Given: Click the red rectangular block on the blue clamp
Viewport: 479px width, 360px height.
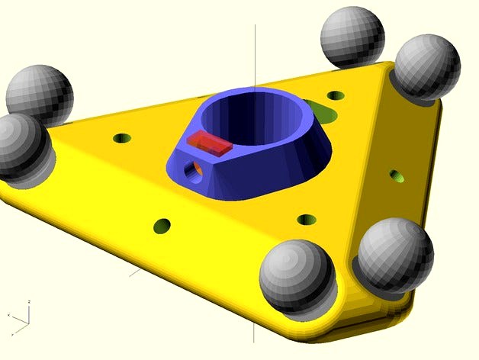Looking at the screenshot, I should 208,143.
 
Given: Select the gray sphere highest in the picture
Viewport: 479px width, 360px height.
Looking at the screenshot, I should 352,37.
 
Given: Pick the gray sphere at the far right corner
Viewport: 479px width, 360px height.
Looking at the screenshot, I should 425,67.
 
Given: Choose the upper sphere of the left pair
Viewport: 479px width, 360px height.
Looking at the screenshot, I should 40,93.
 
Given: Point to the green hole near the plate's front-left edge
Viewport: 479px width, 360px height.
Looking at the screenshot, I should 162,226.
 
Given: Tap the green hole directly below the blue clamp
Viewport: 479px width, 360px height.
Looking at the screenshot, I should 307,220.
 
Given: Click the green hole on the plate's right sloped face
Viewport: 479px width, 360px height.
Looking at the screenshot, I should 397,176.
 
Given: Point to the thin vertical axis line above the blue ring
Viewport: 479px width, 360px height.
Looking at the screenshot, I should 255,53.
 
